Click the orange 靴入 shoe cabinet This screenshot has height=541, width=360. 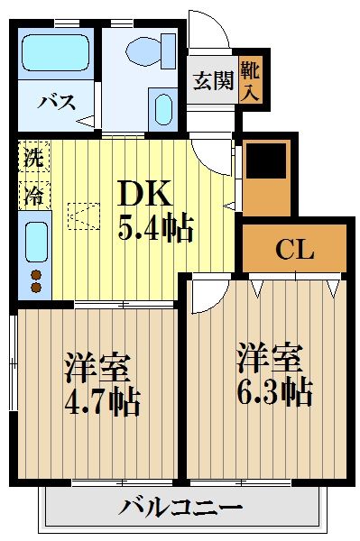pyautogui.click(x=251, y=79)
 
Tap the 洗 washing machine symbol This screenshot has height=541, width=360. pyautogui.click(x=32, y=157)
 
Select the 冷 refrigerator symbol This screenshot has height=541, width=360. pyautogui.click(x=32, y=191)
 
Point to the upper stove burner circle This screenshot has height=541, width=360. pyautogui.click(x=36, y=273)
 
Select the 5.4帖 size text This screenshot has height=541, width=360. pyautogui.click(x=154, y=229)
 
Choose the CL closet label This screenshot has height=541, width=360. pyautogui.click(x=295, y=248)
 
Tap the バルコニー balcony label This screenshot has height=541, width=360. pyautogui.click(x=181, y=509)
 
